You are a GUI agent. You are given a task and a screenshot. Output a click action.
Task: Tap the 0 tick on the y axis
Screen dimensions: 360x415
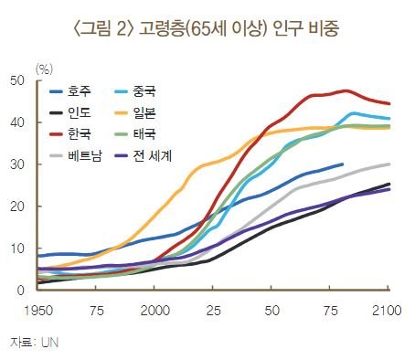click(x=20, y=291)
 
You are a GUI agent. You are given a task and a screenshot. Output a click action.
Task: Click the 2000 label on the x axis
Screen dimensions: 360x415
click(x=154, y=312)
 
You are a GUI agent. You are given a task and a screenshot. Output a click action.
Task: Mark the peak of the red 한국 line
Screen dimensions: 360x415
click(x=344, y=90)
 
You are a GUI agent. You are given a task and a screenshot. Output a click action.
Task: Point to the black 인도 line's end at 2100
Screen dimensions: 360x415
click(x=389, y=185)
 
